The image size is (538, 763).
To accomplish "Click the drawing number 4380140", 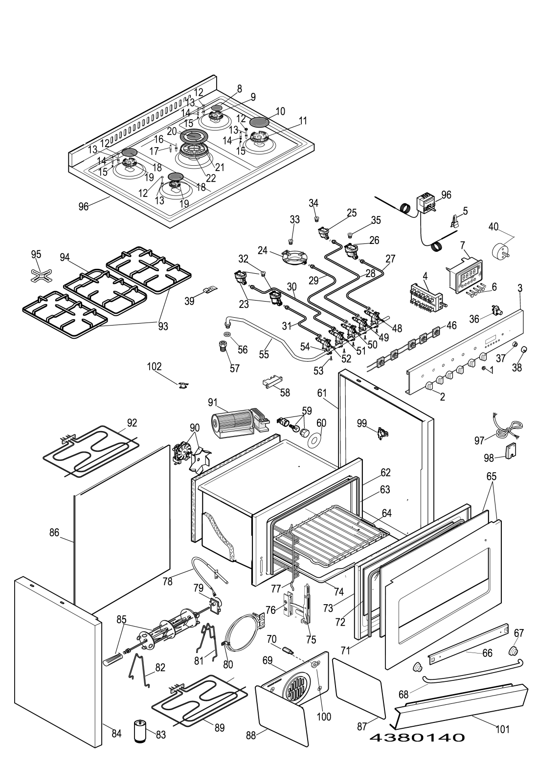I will [417, 738].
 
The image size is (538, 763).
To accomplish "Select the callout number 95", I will [36, 255].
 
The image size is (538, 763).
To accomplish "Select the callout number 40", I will [493, 226].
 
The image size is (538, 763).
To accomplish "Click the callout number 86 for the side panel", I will [54, 533].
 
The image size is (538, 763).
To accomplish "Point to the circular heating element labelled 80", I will [243, 632].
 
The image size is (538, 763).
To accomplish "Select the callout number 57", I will [235, 368].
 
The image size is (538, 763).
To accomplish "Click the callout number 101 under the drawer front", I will [503, 729].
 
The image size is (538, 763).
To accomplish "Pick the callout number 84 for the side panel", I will [116, 733].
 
